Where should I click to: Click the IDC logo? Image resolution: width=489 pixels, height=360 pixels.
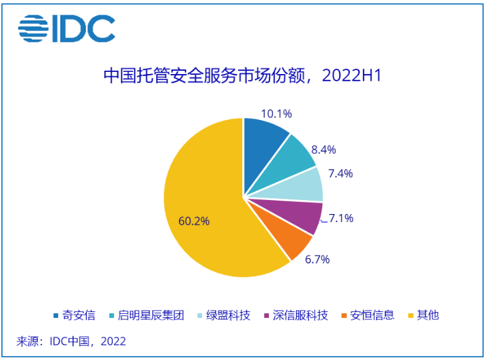tap(67, 29)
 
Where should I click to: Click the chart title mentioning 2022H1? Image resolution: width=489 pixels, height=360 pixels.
tap(242, 75)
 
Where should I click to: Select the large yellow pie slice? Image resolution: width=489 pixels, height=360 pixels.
tap(200, 200)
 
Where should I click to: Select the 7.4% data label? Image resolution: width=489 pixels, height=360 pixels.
tap(340, 173)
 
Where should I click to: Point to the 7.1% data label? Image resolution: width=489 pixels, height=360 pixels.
tap(341, 218)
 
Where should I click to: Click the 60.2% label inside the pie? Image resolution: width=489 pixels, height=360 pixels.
tap(194, 221)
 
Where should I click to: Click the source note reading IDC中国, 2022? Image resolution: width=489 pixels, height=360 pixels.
tap(71, 341)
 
